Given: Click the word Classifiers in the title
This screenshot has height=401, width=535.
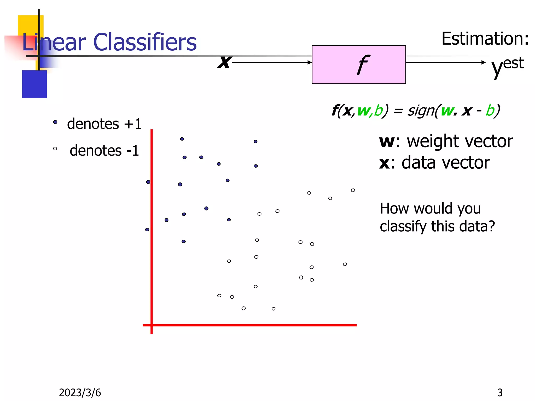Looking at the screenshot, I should pos(145,42).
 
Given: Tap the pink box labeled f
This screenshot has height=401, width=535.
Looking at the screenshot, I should pos(358,64).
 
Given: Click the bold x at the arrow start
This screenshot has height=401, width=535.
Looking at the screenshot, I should pos(224,62).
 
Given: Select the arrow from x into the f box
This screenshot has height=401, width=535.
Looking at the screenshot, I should pos(272,62).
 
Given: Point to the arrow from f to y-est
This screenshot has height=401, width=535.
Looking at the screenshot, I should pos(445,62).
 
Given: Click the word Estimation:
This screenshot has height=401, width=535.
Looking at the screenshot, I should pos(485,39).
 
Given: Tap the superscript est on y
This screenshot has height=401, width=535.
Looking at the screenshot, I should pos(513,63).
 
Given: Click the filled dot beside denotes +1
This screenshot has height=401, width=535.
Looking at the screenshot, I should pos(55,122).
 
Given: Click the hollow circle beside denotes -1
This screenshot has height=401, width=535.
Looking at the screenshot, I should pos(55,149).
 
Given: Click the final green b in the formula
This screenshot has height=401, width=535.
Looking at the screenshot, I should pos(490,111).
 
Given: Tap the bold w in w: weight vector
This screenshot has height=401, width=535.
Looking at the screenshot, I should pos(387,141).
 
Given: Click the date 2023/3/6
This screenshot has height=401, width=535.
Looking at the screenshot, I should pos(80,392).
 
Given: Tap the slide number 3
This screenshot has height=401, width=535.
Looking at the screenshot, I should pos(500,392).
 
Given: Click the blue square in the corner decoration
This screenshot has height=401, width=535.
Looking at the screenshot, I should pos(34,84).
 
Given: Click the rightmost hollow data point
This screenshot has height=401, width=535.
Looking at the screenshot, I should pos(353,190).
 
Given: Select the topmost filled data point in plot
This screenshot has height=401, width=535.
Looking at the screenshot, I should pos(182,139).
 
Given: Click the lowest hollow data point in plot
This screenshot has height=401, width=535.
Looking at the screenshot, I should pos(274,309).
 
